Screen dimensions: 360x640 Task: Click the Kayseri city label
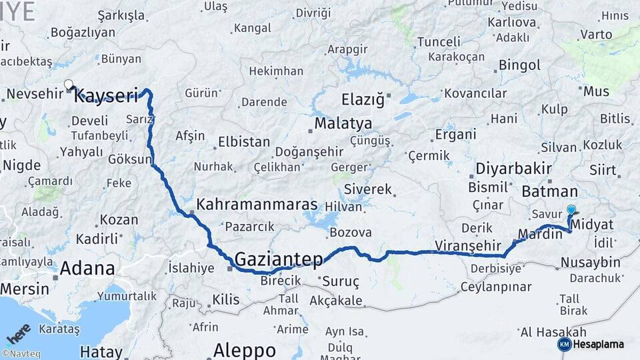[107, 96]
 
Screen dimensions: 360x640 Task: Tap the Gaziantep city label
[279, 259]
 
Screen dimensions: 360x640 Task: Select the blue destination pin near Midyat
[571, 210]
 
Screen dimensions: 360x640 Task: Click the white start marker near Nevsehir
[68, 85]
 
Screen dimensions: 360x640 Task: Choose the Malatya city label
[343, 123]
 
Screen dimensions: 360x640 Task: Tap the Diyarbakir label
[513, 168]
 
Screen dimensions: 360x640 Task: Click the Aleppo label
[245, 349]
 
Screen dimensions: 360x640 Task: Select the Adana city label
[87, 269]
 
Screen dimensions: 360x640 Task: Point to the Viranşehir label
[467, 245]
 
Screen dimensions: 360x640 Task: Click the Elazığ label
[363, 100]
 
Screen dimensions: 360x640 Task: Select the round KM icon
[564, 344]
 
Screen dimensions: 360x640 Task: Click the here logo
[18, 334]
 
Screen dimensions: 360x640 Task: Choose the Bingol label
[519, 65]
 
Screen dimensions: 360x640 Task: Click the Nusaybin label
[590, 262]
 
